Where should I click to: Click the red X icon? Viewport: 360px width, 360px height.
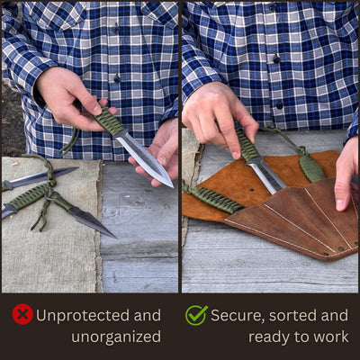(22, 314)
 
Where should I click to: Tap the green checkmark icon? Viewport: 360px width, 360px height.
(196, 315)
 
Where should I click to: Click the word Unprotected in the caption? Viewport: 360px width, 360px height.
(84, 316)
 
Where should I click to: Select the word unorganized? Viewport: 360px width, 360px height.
(116, 337)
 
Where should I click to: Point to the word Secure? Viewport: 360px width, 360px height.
(238, 316)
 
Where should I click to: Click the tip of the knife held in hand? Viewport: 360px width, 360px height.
(173, 187)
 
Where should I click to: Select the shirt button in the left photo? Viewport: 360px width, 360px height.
(117, 79)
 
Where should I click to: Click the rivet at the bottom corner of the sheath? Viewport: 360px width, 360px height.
(341, 248)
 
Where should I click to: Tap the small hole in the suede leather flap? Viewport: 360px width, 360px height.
(251, 190)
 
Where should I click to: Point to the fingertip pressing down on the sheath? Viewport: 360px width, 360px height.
(340, 205)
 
